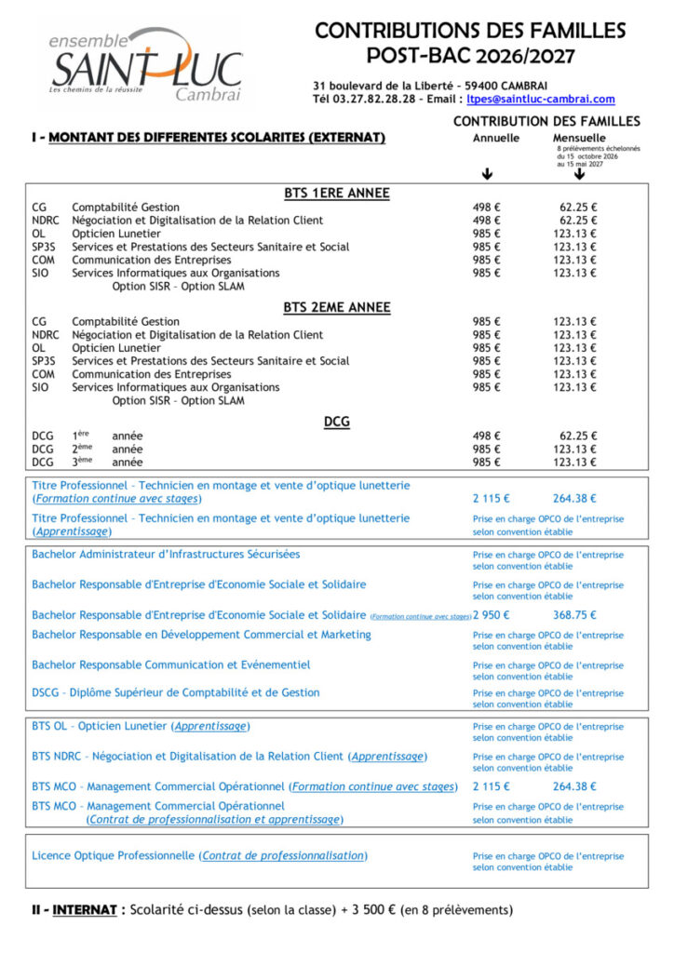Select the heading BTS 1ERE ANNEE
(336, 194)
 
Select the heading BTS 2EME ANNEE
(336, 307)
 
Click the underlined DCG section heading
(336, 421)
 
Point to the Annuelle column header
(496, 137)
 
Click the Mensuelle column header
(579, 137)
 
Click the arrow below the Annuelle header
(487, 174)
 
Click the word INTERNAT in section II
(84, 909)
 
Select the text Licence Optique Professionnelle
(114, 855)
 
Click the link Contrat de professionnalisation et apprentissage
(214, 820)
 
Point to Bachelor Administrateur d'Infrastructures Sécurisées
(166, 555)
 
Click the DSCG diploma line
(175, 692)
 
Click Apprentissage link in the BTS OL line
(211, 726)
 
